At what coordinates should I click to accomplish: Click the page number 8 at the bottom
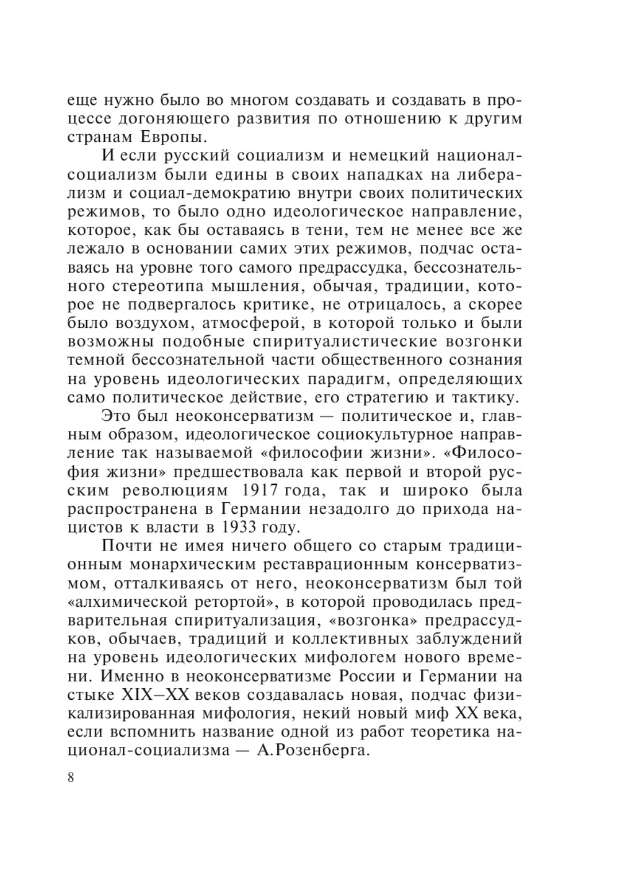pos(70,778)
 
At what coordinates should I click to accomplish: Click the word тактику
pos(488,397)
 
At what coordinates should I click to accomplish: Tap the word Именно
pos(133,676)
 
